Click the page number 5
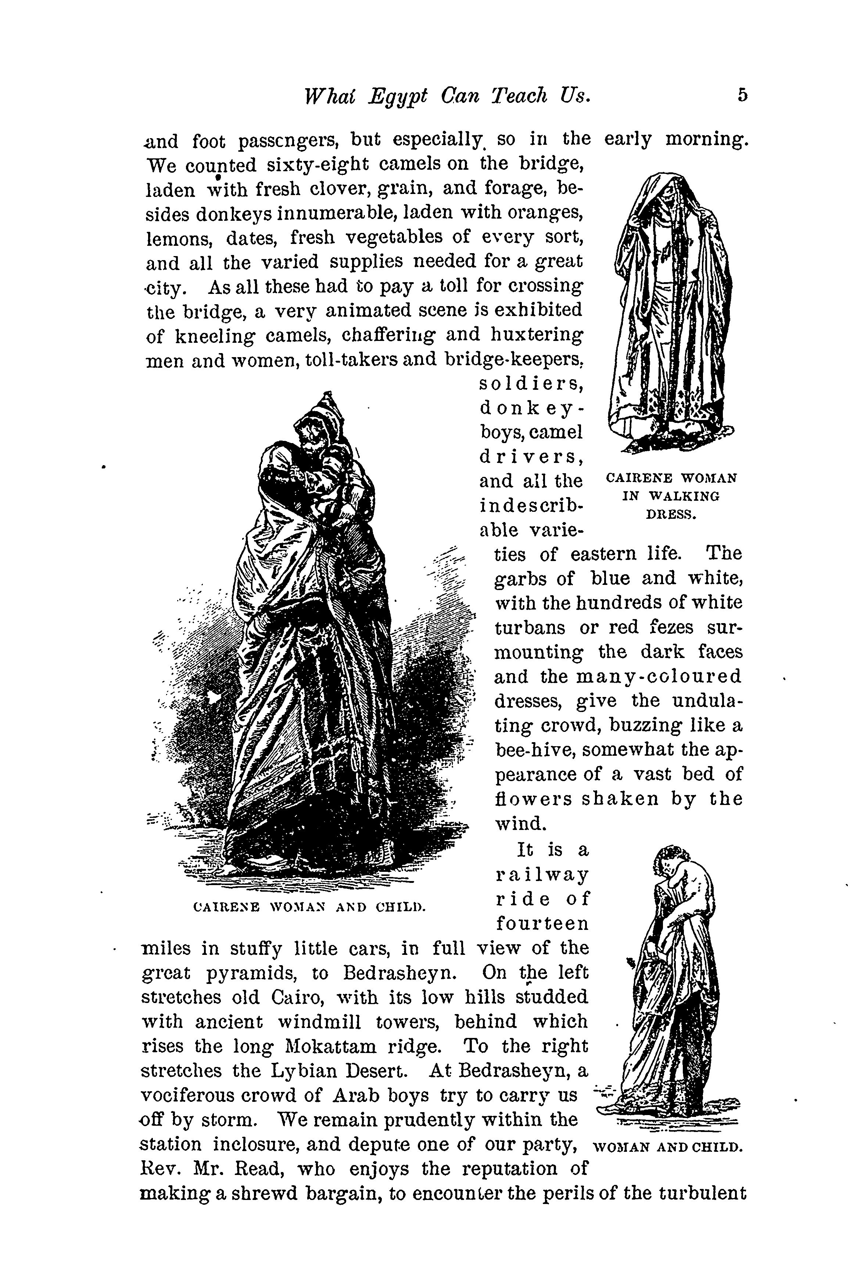741,96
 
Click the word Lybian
306,1071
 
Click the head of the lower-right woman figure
671,861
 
